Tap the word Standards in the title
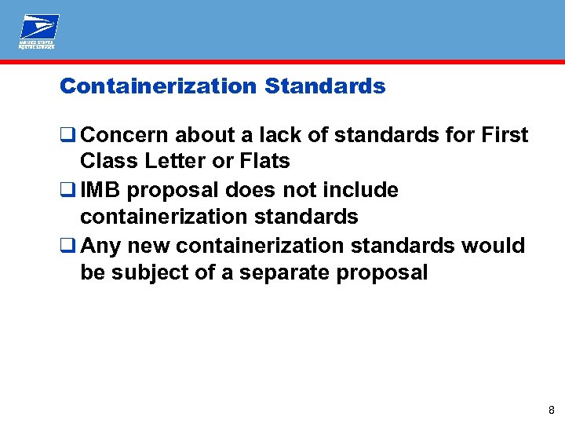click(x=325, y=86)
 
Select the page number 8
click(x=552, y=410)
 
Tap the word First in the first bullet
click(x=504, y=135)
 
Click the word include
click(x=359, y=191)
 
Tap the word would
click(x=493, y=247)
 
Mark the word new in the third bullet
click(x=150, y=247)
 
